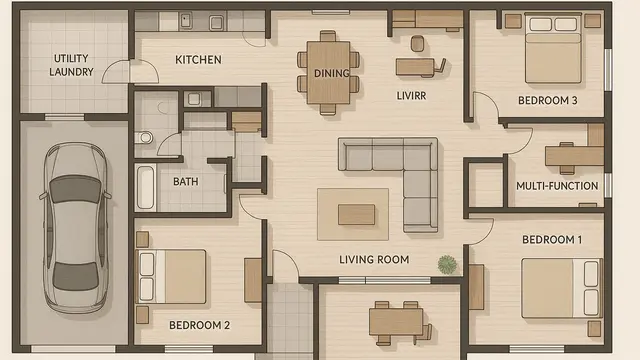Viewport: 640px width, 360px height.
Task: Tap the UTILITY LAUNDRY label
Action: pos(72,65)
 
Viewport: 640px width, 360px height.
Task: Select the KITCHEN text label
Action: pos(198,60)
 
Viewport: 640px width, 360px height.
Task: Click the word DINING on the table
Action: pos(331,74)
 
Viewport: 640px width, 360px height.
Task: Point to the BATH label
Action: pos(185,182)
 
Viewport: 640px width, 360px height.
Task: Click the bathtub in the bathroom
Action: pos(146,187)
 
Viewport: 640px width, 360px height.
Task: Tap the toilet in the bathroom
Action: pos(145,136)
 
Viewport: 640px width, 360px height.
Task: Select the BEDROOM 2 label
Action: pos(200,325)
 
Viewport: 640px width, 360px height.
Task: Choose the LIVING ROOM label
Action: pos(374,260)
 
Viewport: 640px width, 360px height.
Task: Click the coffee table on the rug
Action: pos(356,214)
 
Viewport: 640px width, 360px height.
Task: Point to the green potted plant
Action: pos(446,264)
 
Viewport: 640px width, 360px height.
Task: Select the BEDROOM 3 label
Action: pos(547,100)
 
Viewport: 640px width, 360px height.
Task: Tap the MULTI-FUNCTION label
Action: pos(557,186)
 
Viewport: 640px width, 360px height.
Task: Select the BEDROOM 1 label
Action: pos(552,240)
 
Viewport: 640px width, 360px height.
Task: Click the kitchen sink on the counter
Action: pos(215,22)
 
